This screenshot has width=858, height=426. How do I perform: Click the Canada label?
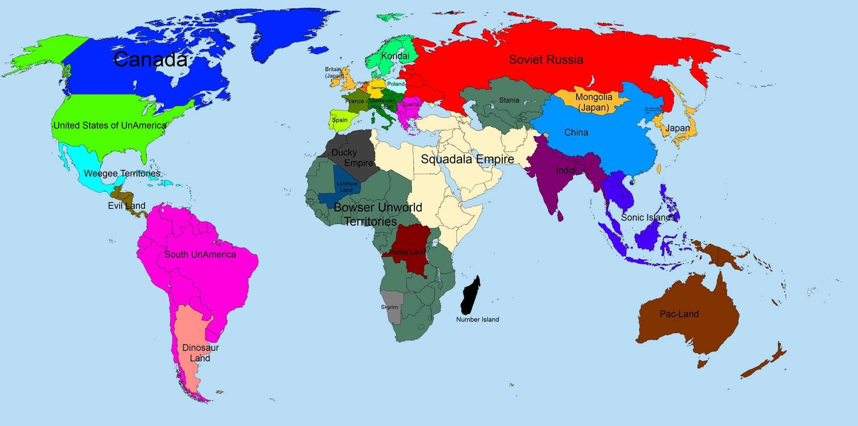pos(151,60)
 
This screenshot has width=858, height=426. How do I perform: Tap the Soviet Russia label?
pos(546,60)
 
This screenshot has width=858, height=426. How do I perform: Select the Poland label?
pos(396,84)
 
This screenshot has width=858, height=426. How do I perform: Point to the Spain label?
pos(339,120)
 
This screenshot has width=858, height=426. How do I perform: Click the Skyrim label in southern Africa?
pos(389,307)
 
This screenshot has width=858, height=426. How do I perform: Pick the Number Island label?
pos(477,320)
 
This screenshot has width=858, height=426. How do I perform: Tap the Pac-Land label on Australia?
pos(679,314)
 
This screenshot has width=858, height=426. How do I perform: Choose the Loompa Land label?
pos(347,187)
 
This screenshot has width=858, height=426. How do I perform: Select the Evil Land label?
pos(127,206)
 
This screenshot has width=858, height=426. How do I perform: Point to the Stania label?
pos(509,100)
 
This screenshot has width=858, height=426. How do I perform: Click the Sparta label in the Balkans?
pos(410,105)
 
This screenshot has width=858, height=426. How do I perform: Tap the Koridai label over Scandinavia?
pos(395,56)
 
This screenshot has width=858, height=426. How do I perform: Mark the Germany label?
pos(378,88)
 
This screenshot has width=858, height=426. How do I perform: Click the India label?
pos(566,170)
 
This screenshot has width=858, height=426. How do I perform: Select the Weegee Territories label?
pos(122,174)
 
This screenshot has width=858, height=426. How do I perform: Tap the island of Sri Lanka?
pos(560,216)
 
